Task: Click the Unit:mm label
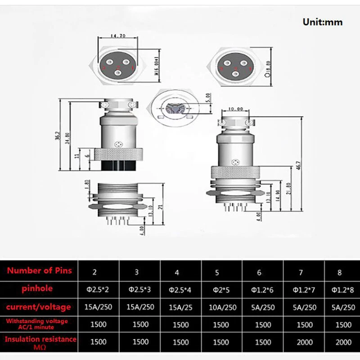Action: coord(322,22)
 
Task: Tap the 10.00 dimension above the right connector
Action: coord(235,109)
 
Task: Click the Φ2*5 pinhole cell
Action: coord(221,290)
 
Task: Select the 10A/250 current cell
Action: coord(221,307)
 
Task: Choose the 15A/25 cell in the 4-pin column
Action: coord(181,307)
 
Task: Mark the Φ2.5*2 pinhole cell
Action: coord(98,290)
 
